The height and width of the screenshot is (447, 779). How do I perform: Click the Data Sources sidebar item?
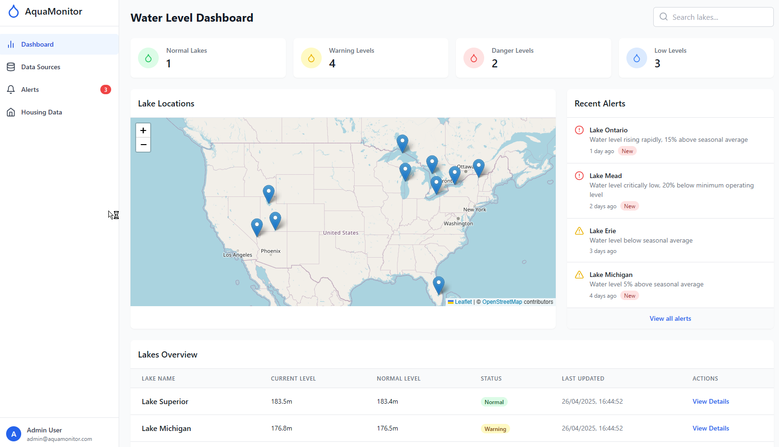(41, 67)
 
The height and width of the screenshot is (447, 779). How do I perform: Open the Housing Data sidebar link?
(41, 112)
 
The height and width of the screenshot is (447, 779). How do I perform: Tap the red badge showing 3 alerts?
(105, 89)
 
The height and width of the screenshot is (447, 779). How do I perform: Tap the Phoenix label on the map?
(271, 251)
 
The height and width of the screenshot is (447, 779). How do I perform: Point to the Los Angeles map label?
(238, 255)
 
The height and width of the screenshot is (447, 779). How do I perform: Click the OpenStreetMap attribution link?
(502, 302)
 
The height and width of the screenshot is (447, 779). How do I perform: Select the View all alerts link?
(670, 318)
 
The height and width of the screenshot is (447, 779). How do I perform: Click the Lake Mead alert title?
(606, 176)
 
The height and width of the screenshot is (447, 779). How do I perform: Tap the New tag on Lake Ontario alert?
(627, 151)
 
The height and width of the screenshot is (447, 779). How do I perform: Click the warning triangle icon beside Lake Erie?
(579, 231)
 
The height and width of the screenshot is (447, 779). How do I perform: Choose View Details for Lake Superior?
(711, 401)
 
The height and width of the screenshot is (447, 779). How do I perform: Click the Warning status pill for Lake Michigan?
(495, 429)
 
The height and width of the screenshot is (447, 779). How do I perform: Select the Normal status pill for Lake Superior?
(494, 402)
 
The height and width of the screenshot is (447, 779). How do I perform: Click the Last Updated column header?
(583, 378)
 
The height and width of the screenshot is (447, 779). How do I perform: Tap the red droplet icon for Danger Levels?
(474, 58)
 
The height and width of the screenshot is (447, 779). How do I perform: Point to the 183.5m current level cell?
(282, 401)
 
